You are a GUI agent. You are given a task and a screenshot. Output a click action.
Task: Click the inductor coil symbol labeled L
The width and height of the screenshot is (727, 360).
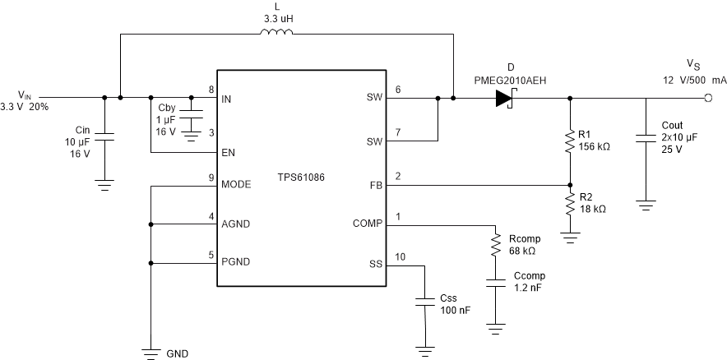coord(276,34)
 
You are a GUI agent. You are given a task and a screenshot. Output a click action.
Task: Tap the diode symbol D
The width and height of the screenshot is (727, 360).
coord(503,99)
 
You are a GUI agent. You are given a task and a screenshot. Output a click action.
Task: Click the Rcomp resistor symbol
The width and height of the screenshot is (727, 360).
coord(495,244)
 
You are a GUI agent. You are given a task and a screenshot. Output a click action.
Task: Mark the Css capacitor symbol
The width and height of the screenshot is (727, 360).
coord(424,302)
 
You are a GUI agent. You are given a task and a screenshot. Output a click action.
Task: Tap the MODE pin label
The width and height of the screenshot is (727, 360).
coord(235,184)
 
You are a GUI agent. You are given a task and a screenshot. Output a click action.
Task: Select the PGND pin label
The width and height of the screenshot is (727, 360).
coord(235,264)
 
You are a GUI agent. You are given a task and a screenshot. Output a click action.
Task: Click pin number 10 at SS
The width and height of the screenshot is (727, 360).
coord(401,256)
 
